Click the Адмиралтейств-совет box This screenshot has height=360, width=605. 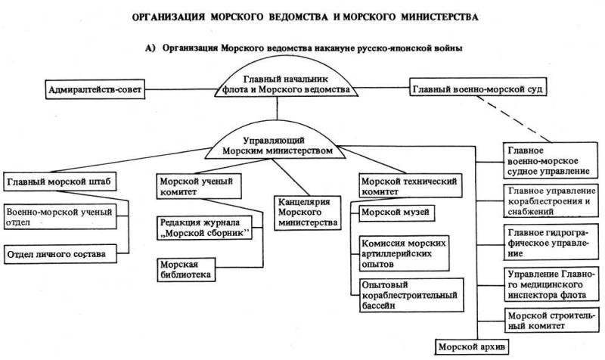pos(91,89)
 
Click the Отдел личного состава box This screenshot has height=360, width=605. pos(61,253)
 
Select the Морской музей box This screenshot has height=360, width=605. pos(395,213)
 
